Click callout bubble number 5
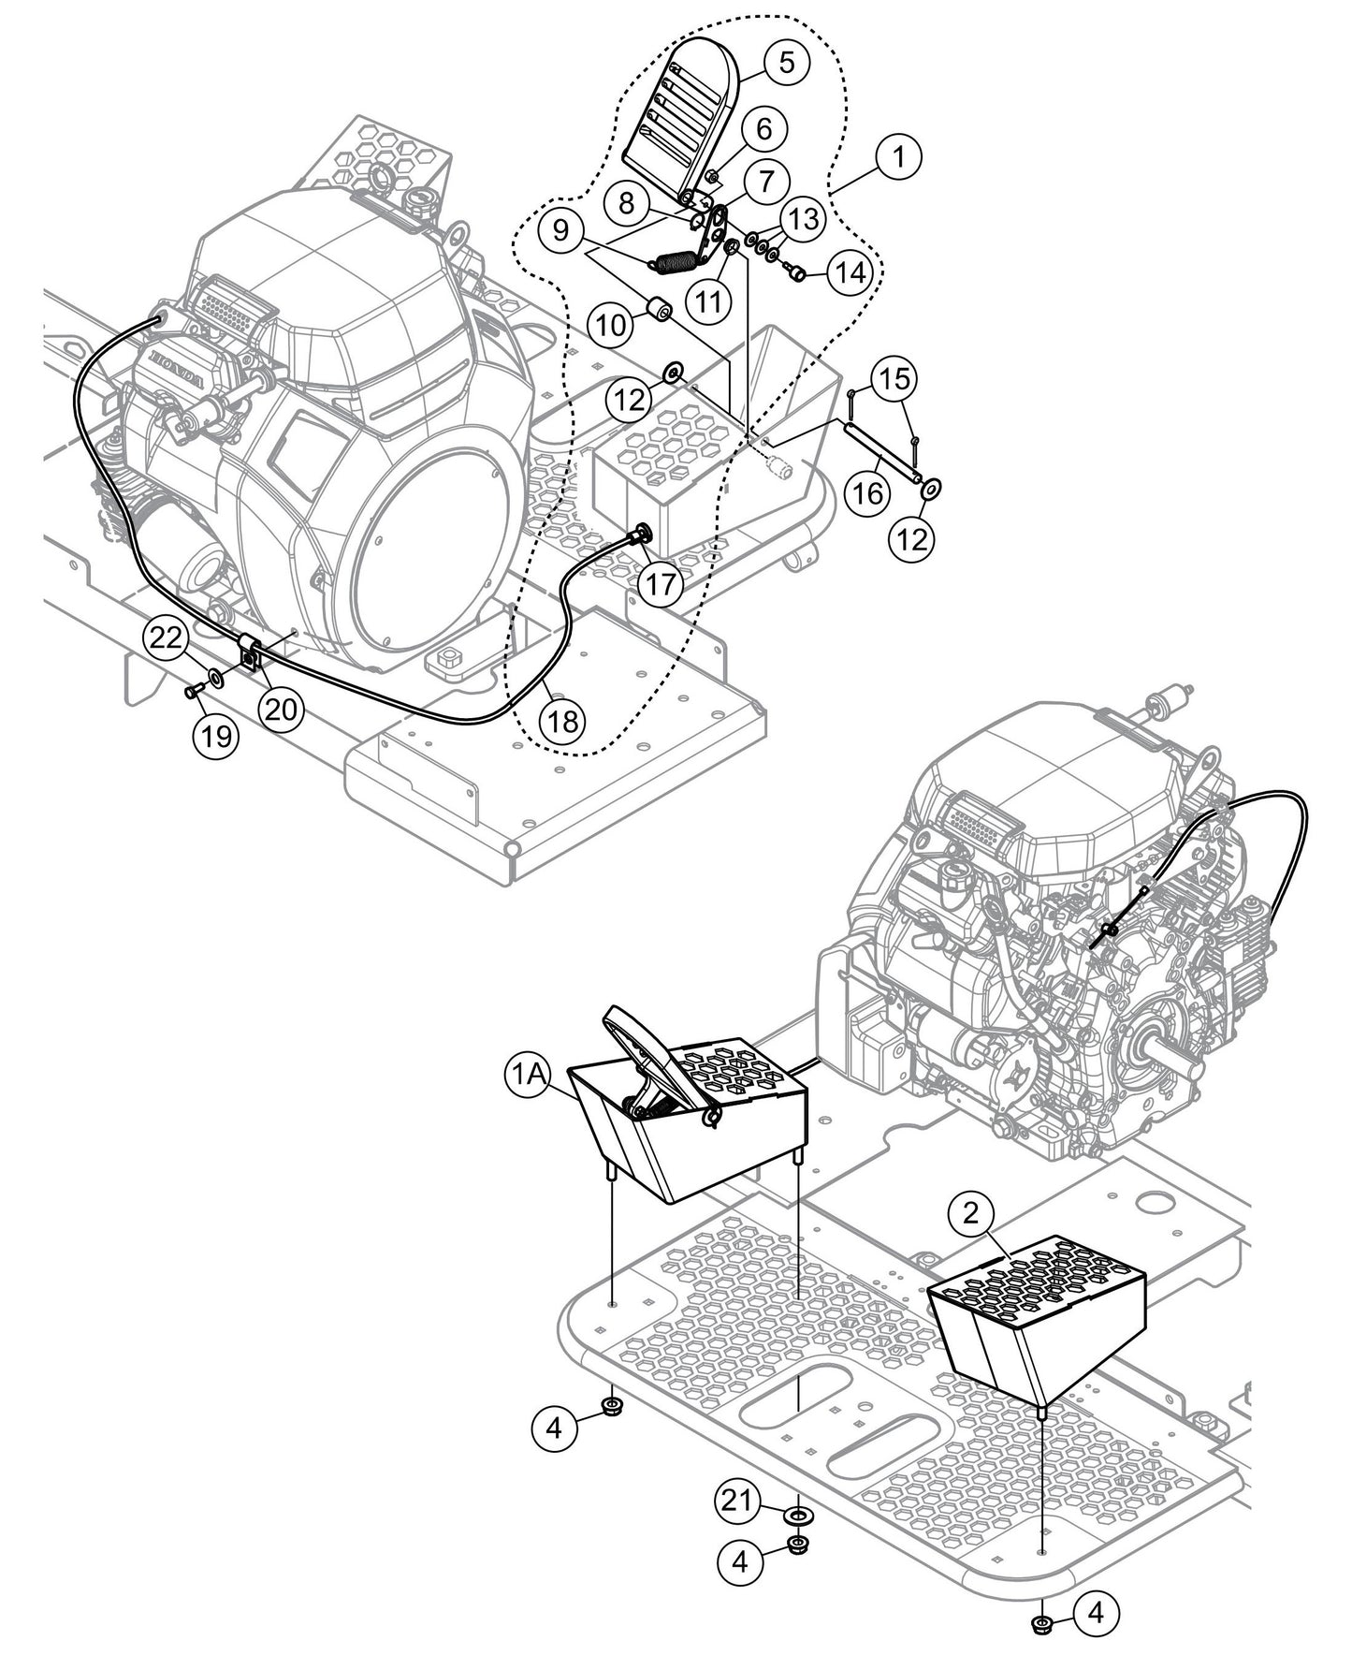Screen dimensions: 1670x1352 (x=786, y=61)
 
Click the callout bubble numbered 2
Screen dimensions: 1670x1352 (x=971, y=1213)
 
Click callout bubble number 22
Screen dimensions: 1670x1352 (x=166, y=640)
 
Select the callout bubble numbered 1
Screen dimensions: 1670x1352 (x=899, y=155)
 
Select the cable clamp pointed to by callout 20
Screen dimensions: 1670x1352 (x=251, y=652)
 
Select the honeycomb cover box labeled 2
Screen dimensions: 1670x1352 (x=1039, y=1311)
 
